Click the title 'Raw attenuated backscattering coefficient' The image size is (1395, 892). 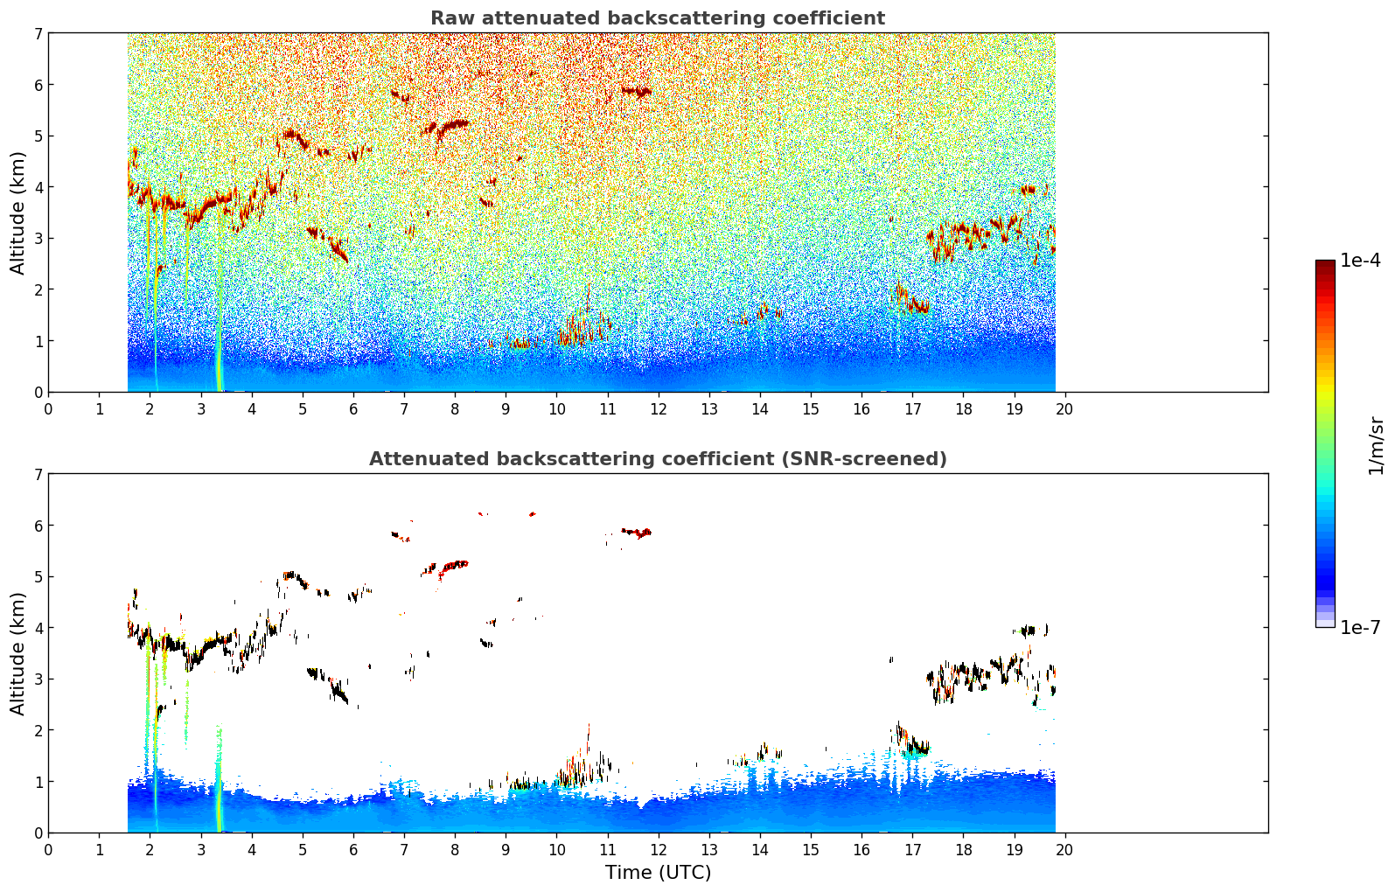click(657, 18)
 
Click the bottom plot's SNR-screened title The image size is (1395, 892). click(657, 459)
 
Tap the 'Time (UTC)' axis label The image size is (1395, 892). click(658, 873)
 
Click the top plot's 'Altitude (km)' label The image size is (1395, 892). click(18, 213)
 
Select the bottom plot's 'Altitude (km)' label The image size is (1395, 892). click(18, 653)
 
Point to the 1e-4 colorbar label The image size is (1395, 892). click(1360, 261)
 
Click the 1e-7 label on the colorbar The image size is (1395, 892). click(1360, 627)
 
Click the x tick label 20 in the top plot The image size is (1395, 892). click(1064, 409)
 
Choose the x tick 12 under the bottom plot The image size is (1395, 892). click(658, 850)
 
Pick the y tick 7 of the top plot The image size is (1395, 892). click(38, 33)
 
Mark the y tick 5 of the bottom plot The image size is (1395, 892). click(38, 576)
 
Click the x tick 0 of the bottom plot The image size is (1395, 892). click(48, 850)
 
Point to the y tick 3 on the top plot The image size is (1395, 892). click(38, 238)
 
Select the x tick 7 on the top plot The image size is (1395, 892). click(404, 409)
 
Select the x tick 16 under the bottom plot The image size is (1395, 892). click(861, 850)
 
